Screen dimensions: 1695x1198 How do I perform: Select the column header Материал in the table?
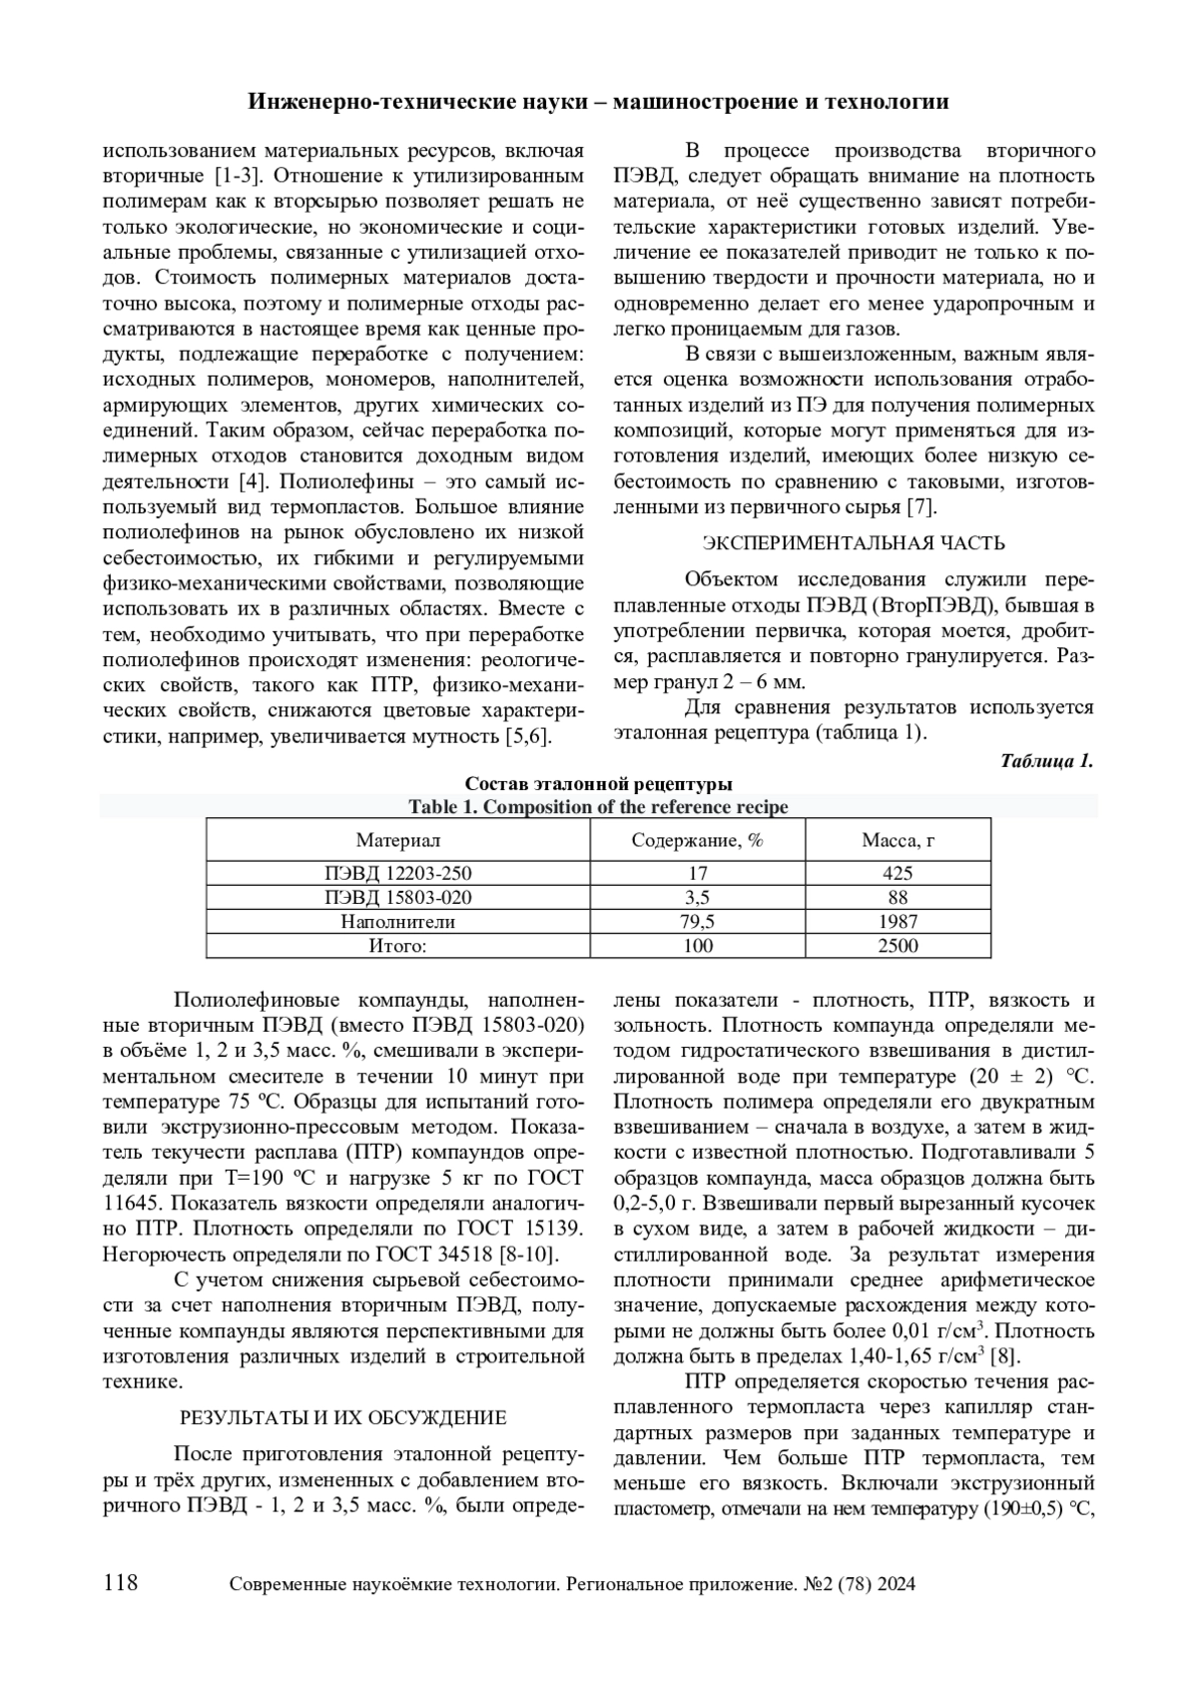click(x=398, y=840)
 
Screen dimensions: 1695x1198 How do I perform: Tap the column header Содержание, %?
click(x=697, y=840)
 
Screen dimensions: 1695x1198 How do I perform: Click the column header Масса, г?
click(x=898, y=840)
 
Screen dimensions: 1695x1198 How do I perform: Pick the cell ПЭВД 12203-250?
click(x=398, y=873)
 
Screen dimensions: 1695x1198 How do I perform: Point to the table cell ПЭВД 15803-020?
click(x=398, y=897)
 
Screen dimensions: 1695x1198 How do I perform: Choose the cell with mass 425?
click(x=898, y=873)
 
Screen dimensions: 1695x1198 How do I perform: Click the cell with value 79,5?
click(x=697, y=921)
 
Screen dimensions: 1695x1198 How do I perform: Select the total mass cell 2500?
click(x=898, y=945)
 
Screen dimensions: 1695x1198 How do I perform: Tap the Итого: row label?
click(x=398, y=945)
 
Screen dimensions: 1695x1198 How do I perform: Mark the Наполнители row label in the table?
click(x=398, y=921)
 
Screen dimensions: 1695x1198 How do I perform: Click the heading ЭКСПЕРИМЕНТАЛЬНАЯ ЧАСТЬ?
click(x=854, y=543)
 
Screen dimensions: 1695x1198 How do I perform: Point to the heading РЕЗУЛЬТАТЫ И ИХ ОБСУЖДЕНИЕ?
click(x=342, y=1417)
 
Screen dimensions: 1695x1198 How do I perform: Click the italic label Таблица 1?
click(x=1046, y=761)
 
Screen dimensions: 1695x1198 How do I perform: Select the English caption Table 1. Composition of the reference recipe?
click(x=598, y=807)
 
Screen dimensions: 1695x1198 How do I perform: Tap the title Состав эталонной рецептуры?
click(x=599, y=784)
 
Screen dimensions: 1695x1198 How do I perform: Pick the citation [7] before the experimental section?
click(x=921, y=507)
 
